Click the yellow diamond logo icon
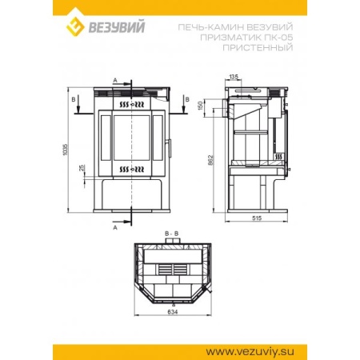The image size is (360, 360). (x=75, y=26)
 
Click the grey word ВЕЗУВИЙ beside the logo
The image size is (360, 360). (x=117, y=27)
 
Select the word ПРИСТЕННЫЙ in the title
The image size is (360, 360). (x=258, y=47)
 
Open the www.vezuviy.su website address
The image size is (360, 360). (x=250, y=351)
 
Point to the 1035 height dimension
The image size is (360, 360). (x=66, y=150)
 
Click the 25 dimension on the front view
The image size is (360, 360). (x=82, y=168)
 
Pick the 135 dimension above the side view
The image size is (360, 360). (x=234, y=77)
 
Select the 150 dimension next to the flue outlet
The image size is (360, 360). (x=201, y=106)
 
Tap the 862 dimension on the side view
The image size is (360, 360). (x=211, y=160)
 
